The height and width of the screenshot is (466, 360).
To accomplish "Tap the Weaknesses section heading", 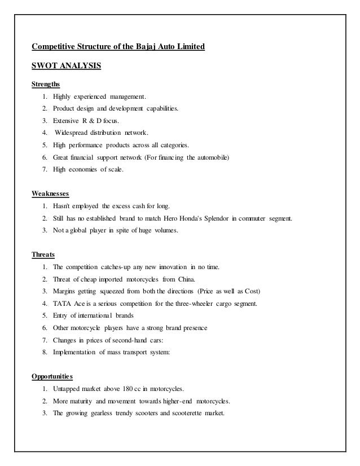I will tap(50, 194).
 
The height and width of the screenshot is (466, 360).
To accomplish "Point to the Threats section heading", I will tap(43, 254).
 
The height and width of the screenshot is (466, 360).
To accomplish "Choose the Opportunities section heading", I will tap(56, 375).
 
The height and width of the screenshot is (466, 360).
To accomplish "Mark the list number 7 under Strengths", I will tap(44, 170).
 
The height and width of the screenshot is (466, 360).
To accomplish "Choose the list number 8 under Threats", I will tap(44, 351).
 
